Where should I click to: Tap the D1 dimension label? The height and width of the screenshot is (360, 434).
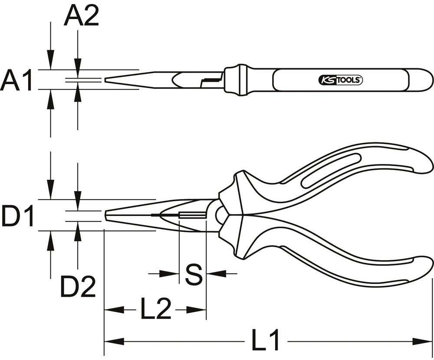(x=17, y=215)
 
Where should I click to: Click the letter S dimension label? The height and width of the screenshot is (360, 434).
(x=194, y=275)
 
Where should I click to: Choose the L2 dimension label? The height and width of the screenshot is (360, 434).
(x=155, y=308)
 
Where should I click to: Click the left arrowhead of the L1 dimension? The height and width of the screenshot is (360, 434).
(x=114, y=341)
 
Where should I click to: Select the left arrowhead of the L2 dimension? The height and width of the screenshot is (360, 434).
(x=114, y=310)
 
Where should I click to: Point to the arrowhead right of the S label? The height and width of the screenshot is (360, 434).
(x=216, y=274)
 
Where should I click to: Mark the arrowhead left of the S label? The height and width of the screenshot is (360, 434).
(x=169, y=274)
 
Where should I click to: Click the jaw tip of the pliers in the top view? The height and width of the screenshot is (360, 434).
(x=105, y=80)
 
